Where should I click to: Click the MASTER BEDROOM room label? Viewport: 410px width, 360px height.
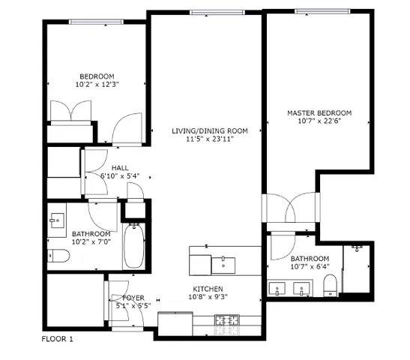click(319, 113)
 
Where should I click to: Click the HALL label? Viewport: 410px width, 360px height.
click(120, 168)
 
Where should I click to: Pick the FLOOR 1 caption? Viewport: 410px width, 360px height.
click(58, 339)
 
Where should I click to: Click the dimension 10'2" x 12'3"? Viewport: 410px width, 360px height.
click(97, 85)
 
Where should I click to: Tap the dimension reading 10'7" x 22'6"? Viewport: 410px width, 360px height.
click(319, 122)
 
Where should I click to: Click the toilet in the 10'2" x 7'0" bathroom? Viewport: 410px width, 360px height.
click(59, 257)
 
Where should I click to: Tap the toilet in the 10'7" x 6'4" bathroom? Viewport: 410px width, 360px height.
click(328, 286)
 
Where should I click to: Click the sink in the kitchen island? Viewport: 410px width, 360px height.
click(224, 262)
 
